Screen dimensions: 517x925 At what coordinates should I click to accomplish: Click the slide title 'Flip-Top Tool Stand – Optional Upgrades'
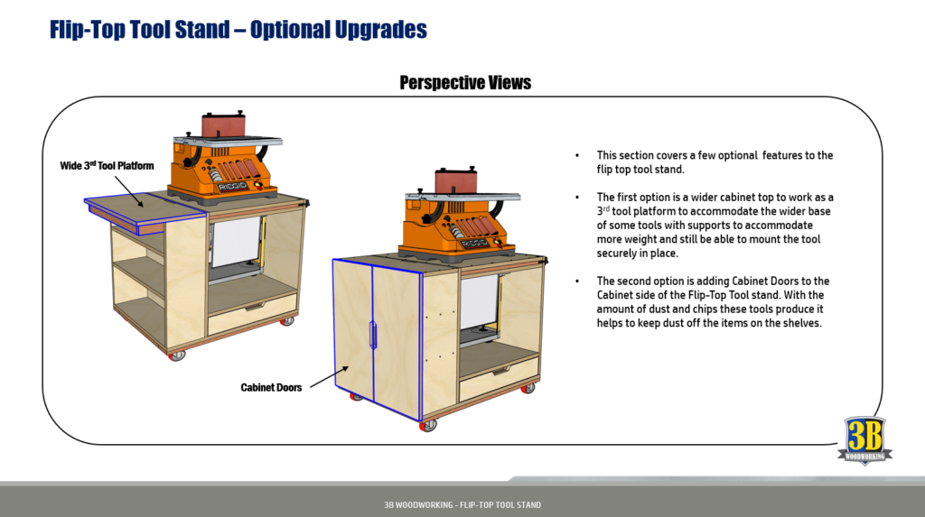click(x=238, y=30)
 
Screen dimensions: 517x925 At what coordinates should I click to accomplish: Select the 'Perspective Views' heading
click(x=465, y=83)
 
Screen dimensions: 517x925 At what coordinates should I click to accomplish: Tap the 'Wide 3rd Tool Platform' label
click(x=100, y=166)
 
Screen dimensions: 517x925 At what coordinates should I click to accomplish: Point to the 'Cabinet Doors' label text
click(x=271, y=387)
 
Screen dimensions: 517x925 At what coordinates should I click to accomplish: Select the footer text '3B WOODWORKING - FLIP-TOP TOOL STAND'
click(x=462, y=504)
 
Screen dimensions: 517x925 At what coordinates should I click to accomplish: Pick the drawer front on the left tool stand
click(x=252, y=311)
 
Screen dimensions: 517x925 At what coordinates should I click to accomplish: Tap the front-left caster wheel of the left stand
click(x=173, y=355)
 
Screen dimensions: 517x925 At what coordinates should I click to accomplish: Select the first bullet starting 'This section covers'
click(x=715, y=162)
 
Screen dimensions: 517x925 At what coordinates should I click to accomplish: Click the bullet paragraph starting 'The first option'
click(x=715, y=225)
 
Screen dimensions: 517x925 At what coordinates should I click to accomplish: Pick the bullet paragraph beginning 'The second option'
click(x=715, y=301)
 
